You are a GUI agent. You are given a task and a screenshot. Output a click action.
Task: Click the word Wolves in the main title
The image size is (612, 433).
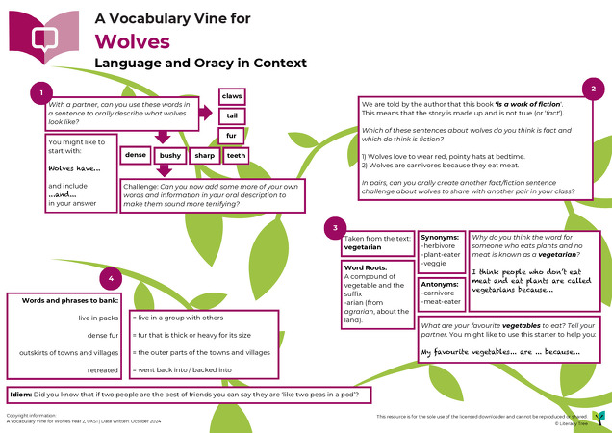(132, 41)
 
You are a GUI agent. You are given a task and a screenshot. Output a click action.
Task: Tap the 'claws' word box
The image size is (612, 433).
(231, 97)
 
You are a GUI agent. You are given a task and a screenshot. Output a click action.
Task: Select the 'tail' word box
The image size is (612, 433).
(231, 115)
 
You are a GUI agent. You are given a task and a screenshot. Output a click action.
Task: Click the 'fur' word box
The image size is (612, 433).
(231, 135)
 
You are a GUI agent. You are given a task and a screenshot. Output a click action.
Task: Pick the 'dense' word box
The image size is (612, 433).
(136, 155)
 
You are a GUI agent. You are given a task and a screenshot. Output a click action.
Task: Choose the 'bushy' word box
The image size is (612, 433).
(170, 155)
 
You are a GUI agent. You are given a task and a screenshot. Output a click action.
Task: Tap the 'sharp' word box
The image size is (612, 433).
(204, 155)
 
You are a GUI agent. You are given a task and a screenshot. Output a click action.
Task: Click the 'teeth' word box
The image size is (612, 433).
(237, 155)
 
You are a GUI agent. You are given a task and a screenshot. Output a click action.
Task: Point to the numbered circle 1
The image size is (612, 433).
(40, 92)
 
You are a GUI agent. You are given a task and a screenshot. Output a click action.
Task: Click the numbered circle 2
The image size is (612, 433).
(595, 89)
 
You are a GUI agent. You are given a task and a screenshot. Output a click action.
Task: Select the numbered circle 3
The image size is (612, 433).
(333, 227)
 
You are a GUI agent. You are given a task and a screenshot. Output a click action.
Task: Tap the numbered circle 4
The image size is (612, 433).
(114, 278)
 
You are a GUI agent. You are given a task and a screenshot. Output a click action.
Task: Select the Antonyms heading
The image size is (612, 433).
(441, 283)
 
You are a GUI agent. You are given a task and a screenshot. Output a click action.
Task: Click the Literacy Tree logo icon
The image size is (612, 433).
(599, 416)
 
